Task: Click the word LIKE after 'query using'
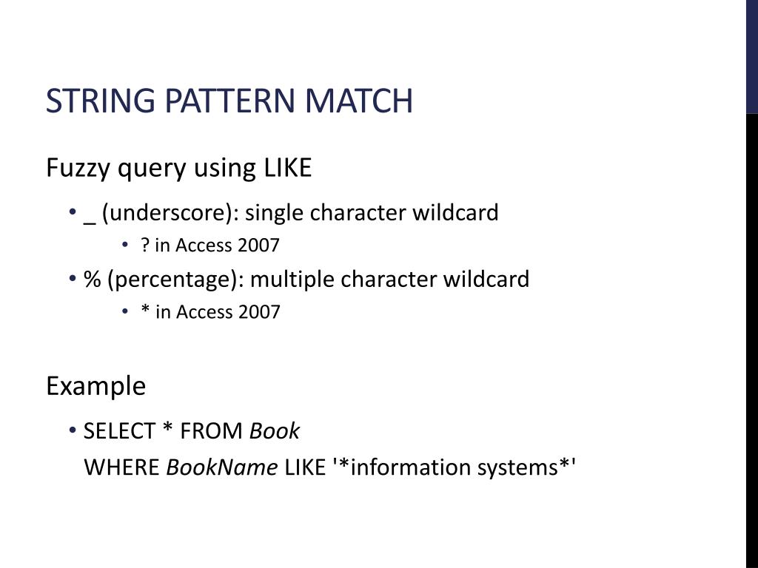click(288, 169)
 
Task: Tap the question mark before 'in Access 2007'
click(145, 246)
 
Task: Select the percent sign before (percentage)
click(92, 280)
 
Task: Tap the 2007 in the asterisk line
click(259, 312)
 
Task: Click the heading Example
click(95, 386)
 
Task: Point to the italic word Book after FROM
click(275, 431)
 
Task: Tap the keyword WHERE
click(122, 467)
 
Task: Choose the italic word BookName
click(222, 467)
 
